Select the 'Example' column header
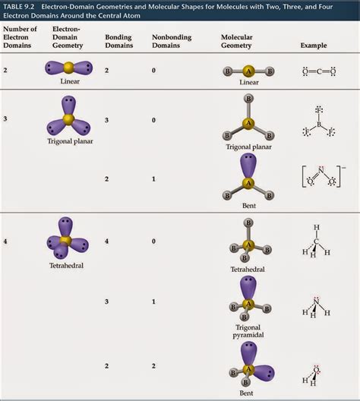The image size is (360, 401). click(314, 46)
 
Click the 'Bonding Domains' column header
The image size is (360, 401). click(118, 41)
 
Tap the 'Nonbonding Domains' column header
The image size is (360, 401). click(171, 41)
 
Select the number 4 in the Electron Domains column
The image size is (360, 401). click(5, 242)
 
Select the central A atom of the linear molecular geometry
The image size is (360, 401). click(248, 71)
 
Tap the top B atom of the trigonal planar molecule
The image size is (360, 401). click(248, 99)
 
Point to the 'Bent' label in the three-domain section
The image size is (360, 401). click(248, 206)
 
